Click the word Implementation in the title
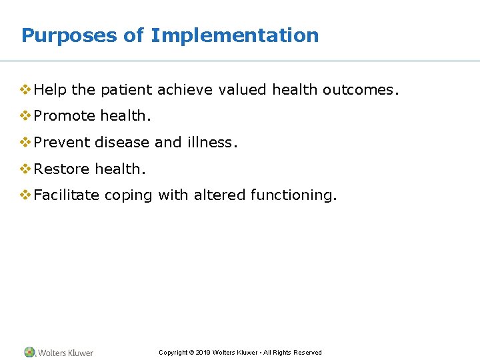tap(235, 35)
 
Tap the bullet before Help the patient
tap(26, 89)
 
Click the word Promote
tap(65, 116)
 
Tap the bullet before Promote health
tap(26, 116)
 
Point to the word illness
tap(212, 143)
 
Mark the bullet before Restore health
tap(26, 169)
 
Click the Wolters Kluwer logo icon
tap(29, 352)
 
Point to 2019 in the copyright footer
tap(204, 353)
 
